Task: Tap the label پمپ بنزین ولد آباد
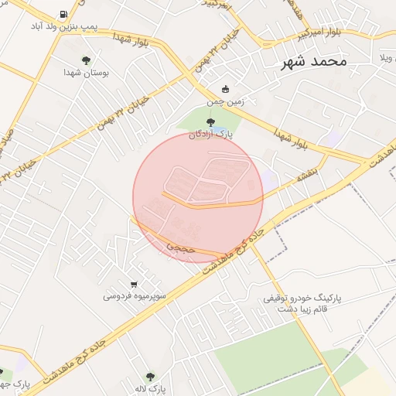click(63, 26)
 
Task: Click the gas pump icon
click(63, 14)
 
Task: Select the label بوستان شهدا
click(86, 72)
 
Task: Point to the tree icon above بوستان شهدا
click(86, 60)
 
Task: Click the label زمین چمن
click(225, 101)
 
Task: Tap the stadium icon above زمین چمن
click(225, 89)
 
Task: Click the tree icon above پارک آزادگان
click(211, 121)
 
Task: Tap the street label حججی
click(177, 246)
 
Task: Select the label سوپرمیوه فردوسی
click(133, 295)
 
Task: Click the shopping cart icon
click(134, 284)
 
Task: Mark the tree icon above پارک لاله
click(150, 376)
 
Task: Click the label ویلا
click(387, 58)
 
